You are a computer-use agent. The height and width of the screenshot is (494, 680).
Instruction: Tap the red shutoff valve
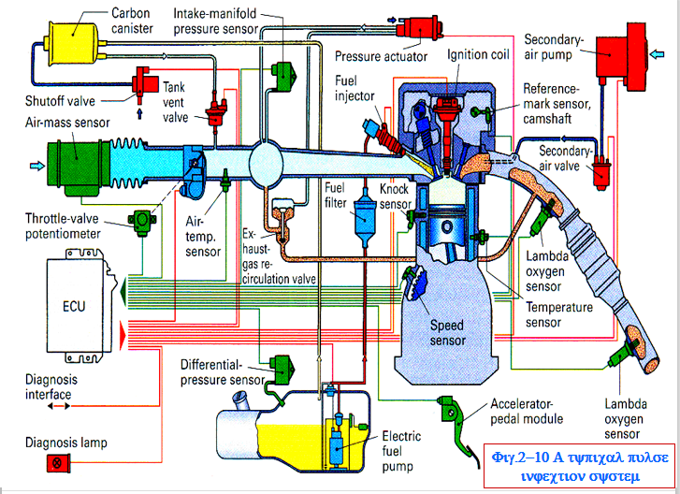[x=144, y=82]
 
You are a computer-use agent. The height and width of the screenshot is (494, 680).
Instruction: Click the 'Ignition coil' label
[x=478, y=54]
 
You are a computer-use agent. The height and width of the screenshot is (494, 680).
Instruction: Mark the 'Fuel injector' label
[x=354, y=90]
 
